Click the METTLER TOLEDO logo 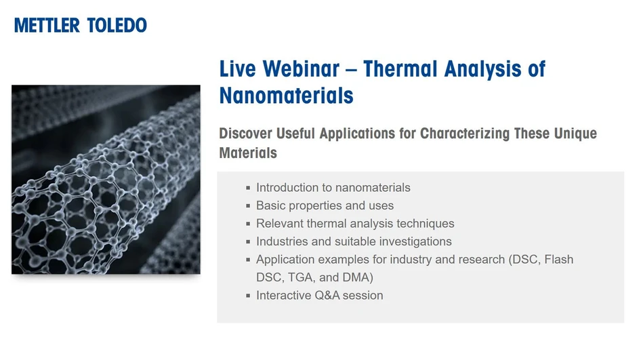tap(80, 26)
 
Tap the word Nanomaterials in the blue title tap(286, 96)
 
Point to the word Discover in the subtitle tap(247, 133)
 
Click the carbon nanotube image tap(106, 179)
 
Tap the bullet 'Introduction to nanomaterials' tap(333, 188)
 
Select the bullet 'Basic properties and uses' tap(325, 205)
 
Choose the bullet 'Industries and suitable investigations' tap(354, 241)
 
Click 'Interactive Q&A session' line tap(319, 296)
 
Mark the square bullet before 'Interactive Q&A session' tap(248, 296)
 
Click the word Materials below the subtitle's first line tap(248, 153)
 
